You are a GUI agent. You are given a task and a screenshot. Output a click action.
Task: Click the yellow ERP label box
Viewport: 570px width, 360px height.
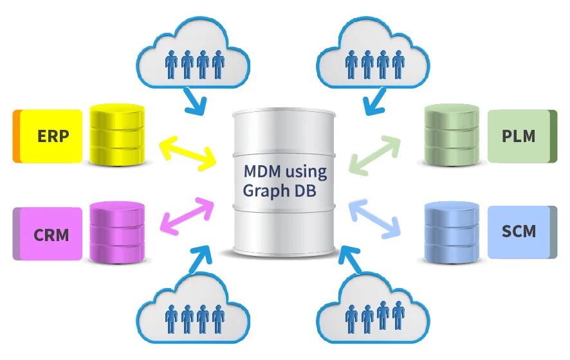(51, 136)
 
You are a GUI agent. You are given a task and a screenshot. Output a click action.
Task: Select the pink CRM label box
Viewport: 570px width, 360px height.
(51, 233)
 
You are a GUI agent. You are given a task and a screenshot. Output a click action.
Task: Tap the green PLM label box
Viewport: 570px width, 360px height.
(519, 136)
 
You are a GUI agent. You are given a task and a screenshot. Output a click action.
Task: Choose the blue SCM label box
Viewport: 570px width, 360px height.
(519, 231)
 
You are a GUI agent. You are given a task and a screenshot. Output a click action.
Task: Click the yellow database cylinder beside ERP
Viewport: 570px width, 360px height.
(117, 135)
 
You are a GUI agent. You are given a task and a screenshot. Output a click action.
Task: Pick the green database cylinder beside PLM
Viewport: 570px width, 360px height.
(452, 135)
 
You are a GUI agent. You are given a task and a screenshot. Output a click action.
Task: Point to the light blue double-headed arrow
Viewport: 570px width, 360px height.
(375, 217)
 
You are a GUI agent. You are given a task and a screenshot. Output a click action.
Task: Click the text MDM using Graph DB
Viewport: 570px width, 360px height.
(284, 181)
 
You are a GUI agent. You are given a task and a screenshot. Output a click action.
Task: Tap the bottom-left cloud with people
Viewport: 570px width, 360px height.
(194, 311)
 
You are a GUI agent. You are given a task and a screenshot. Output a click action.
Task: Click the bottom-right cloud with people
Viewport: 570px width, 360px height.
(374, 311)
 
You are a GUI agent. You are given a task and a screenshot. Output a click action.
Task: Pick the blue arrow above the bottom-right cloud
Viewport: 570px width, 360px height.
(352, 260)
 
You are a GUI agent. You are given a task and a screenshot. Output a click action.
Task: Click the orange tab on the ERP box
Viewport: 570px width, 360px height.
(16, 136)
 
